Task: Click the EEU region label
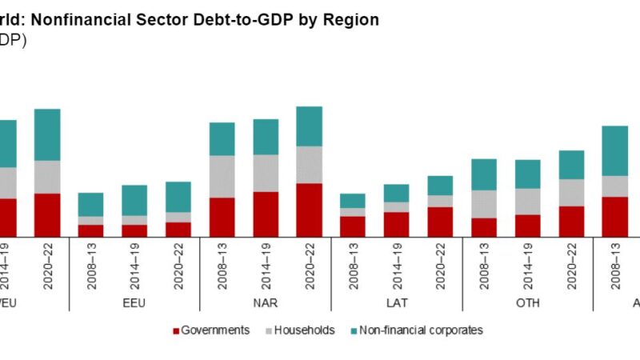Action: [134, 303]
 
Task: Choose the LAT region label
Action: [396, 303]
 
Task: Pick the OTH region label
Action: [527, 303]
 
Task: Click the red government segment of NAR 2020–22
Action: [309, 210]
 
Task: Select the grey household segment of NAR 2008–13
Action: [222, 176]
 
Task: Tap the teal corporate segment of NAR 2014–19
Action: [266, 137]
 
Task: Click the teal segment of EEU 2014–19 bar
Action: [134, 200]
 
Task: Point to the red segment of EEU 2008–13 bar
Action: [90, 230]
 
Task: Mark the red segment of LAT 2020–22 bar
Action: [440, 222]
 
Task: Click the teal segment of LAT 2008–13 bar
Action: [353, 201]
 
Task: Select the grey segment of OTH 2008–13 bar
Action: [484, 204]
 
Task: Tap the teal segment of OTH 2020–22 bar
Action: [571, 165]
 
